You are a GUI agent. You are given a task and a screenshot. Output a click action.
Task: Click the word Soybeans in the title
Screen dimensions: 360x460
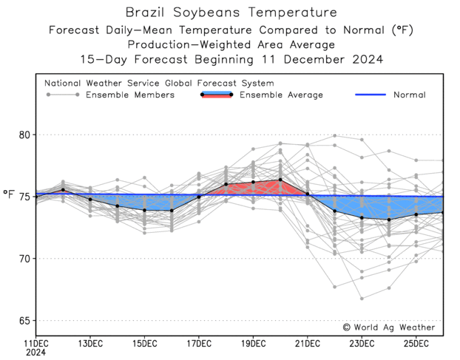206,13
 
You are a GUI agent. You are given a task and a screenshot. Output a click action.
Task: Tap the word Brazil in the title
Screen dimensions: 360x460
144,13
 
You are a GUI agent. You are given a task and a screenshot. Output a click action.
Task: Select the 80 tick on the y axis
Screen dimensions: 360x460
24,135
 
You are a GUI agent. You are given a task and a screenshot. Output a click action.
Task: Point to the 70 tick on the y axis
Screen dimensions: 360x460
24,259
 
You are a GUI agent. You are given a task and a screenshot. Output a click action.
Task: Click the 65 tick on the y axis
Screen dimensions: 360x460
24,321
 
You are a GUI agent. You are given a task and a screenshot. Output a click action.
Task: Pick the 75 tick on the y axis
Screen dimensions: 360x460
24,197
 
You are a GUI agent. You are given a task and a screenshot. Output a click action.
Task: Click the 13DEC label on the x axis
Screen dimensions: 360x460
90,344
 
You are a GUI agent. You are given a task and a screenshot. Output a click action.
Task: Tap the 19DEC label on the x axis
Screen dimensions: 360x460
254,344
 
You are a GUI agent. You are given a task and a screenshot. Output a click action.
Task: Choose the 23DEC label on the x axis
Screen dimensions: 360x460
362,344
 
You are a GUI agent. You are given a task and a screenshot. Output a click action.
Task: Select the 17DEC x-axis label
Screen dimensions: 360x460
199,344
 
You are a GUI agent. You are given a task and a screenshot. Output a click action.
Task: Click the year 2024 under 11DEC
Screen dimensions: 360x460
36,353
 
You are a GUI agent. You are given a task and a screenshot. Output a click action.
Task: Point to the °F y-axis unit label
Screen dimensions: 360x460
9,195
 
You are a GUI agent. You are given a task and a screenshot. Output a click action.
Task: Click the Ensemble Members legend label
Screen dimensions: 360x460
130,95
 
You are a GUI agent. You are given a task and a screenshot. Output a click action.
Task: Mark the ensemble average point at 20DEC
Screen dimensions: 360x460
280,180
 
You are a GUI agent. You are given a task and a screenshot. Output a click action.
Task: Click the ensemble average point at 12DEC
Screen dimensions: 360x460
63,190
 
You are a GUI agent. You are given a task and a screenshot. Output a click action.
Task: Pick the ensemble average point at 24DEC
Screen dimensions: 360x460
389,220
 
